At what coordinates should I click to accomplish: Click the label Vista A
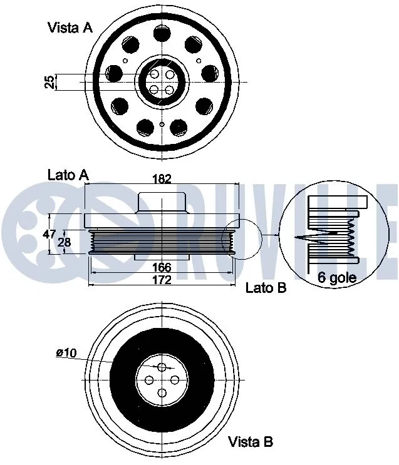(70, 27)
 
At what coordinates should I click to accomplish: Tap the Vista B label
(251, 442)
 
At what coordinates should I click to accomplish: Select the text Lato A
(68, 175)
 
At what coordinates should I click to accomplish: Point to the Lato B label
(266, 288)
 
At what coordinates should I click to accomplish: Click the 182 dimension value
(162, 179)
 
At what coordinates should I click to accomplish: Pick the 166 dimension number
(162, 267)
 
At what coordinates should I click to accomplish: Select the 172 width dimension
(162, 280)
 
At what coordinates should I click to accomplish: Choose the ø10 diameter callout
(66, 353)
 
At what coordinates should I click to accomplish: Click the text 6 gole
(337, 278)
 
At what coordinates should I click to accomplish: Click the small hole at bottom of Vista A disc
(162, 124)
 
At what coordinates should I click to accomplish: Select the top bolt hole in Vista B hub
(162, 367)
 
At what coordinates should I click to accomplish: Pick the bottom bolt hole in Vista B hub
(162, 393)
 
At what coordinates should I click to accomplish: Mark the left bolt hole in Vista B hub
(149, 380)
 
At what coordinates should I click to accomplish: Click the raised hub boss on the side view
(162, 203)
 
